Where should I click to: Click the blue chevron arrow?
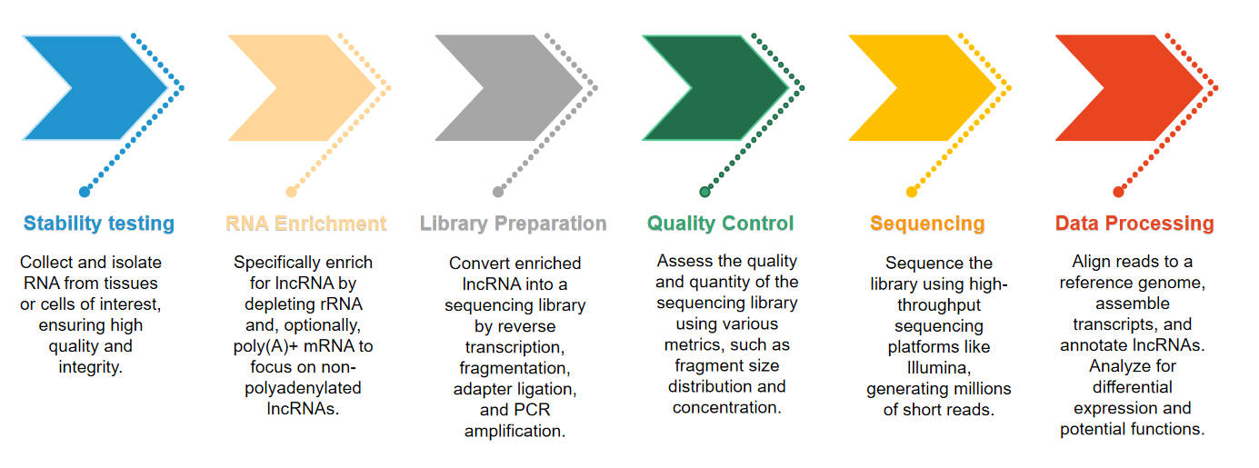pyautogui.click(x=109, y=87)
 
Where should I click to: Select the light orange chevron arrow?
pyautogui.click(x=314, y=87)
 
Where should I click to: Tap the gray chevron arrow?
pyautogui.click(x=521, y=87)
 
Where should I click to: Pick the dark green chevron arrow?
pyautogui.click(x=727, y=87)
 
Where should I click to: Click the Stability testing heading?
pyautogui.click(x=99, y=224)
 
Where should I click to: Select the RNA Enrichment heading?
pyautogui.click(x=305, y=224)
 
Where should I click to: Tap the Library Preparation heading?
pyautogui.click(x=513, y=224)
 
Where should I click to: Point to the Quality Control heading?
pyautogui.click(x=720, y=224)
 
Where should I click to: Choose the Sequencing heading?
pyautogui.click(x=927, y=224)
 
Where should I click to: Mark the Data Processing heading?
pyautogui.click(x=1134, y=224)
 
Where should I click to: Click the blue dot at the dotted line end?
pyautogui.click(x=85, y=192)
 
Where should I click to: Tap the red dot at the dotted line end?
pyautogui.click(x=1118, y=192)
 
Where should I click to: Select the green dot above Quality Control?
pyautogui.click(x=704, y=192)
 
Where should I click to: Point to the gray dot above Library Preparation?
pyautogui.click(x=498, y=192)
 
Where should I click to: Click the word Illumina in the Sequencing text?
pyautogui.click(x=938, y=368)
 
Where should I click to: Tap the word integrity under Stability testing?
pyautogui.click(x=89, y=367)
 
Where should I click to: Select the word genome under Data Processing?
pyautogui.click(x=1179, y=283)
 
